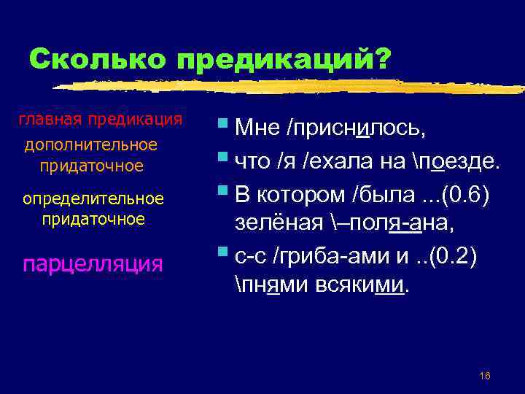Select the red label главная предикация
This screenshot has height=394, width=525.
point(100,119)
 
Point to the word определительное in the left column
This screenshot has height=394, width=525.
point(93,198)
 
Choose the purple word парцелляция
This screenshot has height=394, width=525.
point(93,263)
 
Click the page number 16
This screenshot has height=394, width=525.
point(485,375)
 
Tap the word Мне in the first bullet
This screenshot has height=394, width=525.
point(260,128)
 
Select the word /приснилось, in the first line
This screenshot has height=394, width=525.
point(357,128)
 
